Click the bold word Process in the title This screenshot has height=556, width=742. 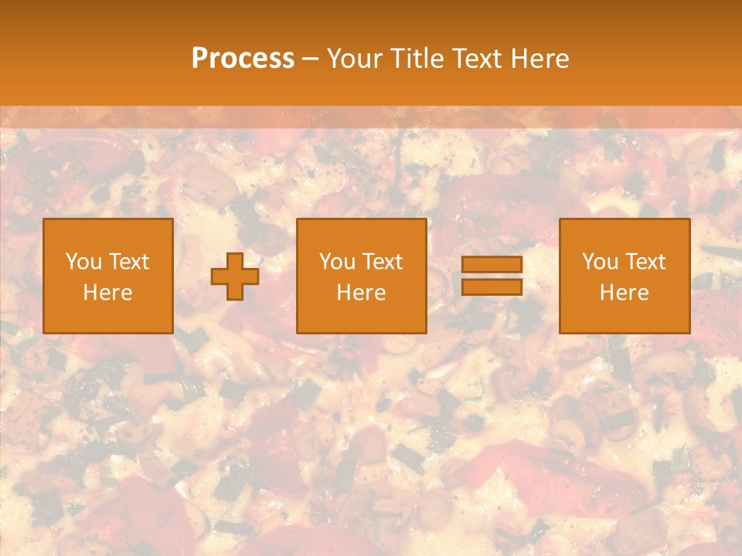pos(243,59)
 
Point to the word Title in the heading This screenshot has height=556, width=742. pos(415,59)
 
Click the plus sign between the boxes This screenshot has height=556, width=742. pos(235,276)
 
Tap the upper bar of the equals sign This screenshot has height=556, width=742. pos(492,265)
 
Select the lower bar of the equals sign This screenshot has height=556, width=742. pos(492,287)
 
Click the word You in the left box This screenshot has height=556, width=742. pos(83,262)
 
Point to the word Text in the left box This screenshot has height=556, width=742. pos(128,262)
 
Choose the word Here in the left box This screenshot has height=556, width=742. pos(107,293)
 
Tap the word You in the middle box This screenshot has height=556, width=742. pos(336,262)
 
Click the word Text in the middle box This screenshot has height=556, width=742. pos(382,262)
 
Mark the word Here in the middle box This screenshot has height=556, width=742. pos(361,293)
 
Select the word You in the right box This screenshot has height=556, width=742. pos(599,262)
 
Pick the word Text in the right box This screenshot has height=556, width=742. pos(645,262)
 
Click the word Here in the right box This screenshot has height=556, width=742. pos(624,293)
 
